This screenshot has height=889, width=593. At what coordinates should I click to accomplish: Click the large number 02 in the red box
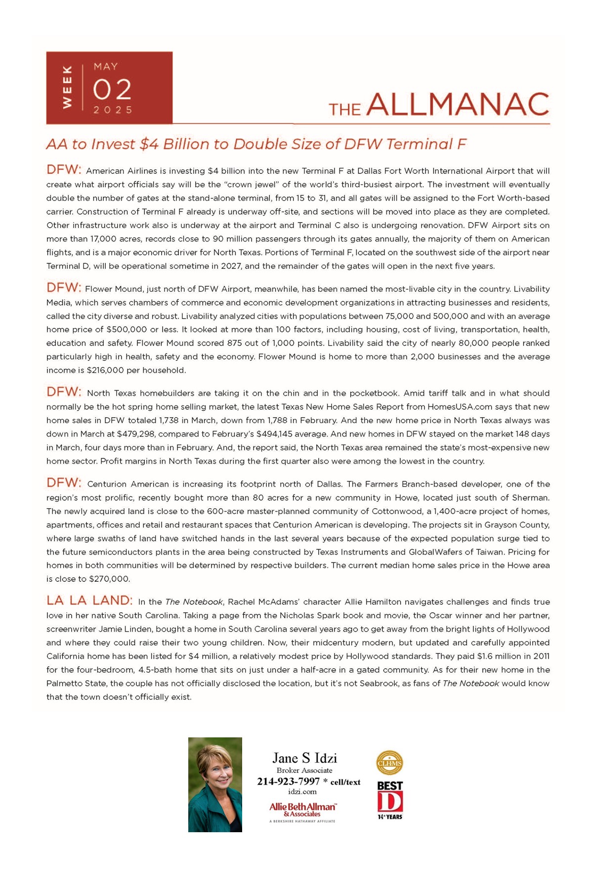click(x=112, y=89)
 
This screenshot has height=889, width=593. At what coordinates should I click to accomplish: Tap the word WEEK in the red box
click(x=67, y=87)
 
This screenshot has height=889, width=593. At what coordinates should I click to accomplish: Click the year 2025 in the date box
click(x=113, y=110)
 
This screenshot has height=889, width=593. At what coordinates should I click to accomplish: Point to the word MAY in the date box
click(x=106, y=67)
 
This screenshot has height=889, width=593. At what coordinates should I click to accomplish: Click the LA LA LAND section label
click(x=89, y=601)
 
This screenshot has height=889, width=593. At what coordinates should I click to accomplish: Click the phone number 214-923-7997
click(x=288, y=781)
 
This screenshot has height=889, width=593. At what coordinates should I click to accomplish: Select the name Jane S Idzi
click(x=304, y=758)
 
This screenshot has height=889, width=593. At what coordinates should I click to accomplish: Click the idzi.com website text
click(x=302, y=792)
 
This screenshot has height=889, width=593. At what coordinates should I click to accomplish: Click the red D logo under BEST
click(x=390, y=802)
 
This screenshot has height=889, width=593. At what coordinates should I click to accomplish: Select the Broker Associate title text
click(x=304, y=770)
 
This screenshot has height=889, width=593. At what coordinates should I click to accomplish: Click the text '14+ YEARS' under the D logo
click(x=390, y=817)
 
